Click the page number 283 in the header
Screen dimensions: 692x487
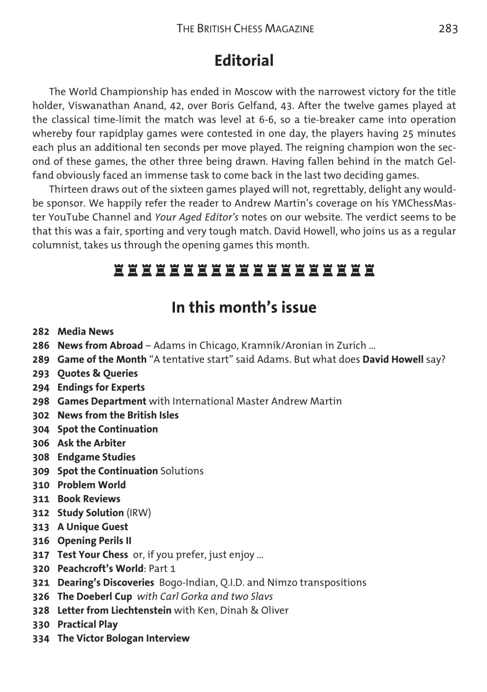pos(448,29)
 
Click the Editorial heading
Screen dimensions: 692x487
pos(244,61)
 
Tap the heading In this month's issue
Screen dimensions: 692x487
pos(244,308)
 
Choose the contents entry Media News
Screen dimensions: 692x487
pos(85,331)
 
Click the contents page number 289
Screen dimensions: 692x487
pos(41,360)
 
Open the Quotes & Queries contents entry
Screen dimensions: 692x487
pos(97,374)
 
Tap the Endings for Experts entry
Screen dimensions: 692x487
pos(101,388)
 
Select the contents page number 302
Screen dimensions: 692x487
pos(41,415)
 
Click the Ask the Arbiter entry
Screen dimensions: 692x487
pos(91,443)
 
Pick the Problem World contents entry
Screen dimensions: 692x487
pos(91,485)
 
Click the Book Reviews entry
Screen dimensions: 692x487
pos(89,499)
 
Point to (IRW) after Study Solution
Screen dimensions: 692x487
pos(139,513)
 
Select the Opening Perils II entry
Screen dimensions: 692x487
pos(94,541)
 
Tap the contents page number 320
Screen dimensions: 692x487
pos(41,569)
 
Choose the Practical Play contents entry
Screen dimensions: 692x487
pos(87,624)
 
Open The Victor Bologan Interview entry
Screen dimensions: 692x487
pos(123,638)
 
